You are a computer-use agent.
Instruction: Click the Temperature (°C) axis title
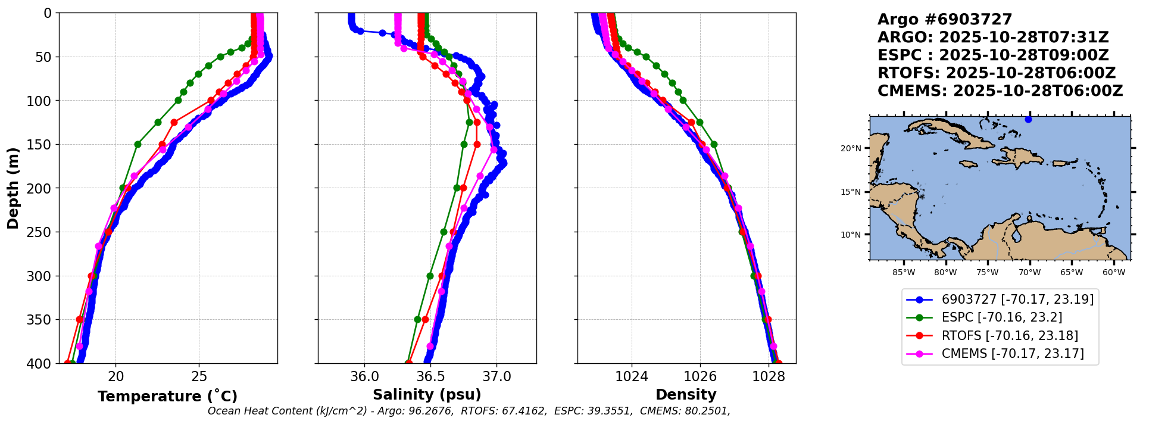point(167,397)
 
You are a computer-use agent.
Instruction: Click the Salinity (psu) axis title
point(427,395)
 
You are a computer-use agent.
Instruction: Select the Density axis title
point(686,395)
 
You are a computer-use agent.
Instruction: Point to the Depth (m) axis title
point(13,188)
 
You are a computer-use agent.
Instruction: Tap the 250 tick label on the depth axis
point(39,232)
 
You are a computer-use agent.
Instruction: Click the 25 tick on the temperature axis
point(199,376)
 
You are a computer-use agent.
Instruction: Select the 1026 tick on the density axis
point(700,376)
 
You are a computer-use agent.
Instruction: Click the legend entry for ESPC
point(1001,317)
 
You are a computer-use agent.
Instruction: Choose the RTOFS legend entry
point(1010,336)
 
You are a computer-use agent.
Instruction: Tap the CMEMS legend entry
point(1012,354)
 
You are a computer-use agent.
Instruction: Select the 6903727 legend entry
point(1017,300)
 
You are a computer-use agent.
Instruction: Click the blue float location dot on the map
point(1028,120)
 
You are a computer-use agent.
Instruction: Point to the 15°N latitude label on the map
point(851,192)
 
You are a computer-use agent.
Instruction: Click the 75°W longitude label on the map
point(987,273)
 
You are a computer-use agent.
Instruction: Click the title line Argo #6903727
point(944,20)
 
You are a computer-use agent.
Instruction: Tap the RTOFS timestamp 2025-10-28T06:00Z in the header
point(1031,73)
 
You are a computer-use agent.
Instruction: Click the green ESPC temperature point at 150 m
point(138,144)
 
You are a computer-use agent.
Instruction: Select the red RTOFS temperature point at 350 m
point(80,320)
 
